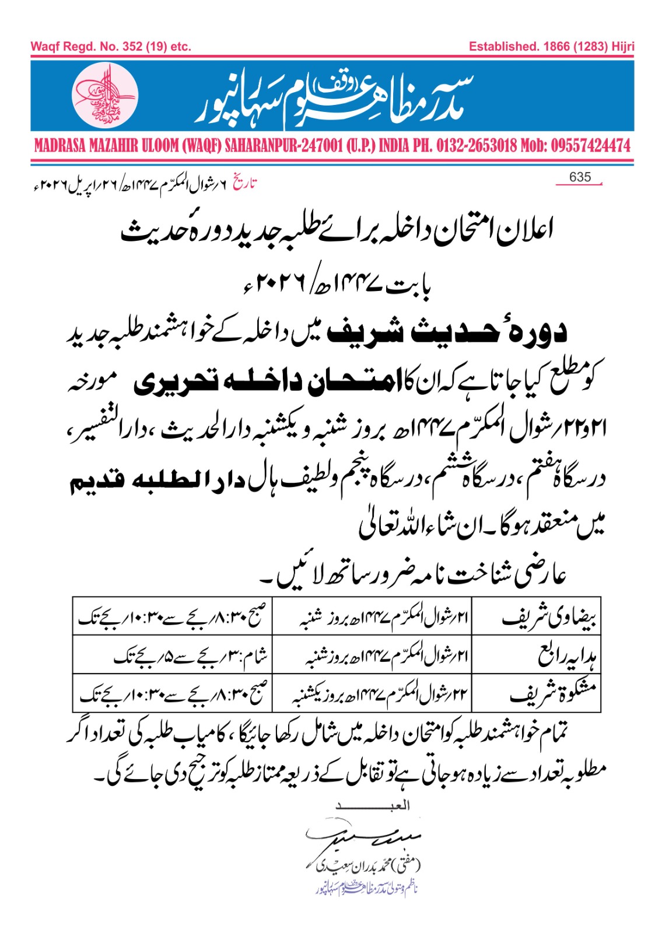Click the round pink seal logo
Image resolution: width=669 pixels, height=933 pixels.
[105, 95]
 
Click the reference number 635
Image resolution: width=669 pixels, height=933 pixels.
[580, 177]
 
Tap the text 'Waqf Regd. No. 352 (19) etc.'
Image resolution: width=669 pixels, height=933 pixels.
[111, 47]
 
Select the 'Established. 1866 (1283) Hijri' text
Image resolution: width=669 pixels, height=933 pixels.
[551, 47]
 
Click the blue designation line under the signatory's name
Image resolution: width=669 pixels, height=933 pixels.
[362, 889]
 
